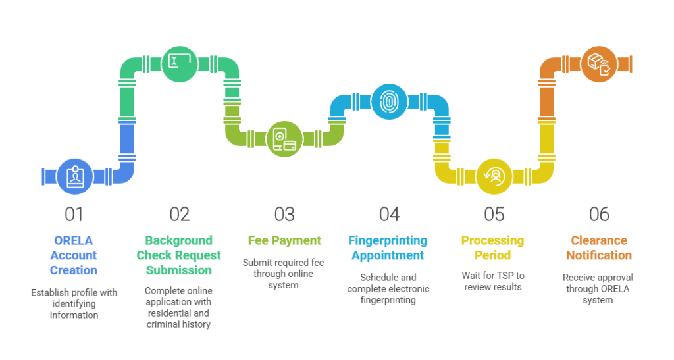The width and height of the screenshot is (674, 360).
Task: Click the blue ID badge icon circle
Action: [75, 176]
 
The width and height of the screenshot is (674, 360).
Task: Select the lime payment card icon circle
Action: [284, 139]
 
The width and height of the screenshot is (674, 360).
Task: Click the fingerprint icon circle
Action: [390, 101]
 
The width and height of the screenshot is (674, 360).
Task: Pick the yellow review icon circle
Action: [494, 176]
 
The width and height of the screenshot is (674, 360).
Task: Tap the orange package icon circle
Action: [599, 63]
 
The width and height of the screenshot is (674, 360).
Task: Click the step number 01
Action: [74, 215]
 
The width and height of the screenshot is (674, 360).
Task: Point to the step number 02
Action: [179, 215]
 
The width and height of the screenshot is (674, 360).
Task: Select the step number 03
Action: [284, 215]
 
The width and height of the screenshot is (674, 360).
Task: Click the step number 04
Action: [389, 215]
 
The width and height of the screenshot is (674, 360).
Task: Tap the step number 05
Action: [494, 215]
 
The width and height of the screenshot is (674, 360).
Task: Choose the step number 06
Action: [599, 215]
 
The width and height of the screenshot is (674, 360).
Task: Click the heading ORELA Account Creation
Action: [74, 255]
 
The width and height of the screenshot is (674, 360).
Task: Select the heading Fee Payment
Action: [284, 241]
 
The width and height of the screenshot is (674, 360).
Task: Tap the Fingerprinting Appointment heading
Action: [389, 248]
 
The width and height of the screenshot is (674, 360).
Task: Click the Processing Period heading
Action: [494, 248]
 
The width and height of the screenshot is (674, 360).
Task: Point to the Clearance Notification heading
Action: [599, 248]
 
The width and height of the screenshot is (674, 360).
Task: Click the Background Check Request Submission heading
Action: [179, 255]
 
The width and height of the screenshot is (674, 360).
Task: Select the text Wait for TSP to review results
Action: [494, 281]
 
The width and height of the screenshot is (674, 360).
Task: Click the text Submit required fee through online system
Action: [284, 274]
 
